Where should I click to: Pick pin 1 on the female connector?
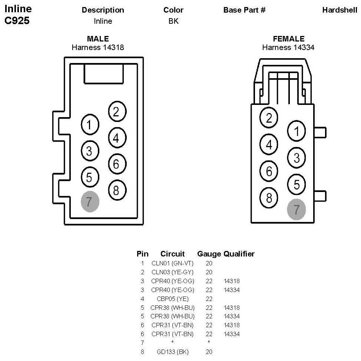click(297, 131)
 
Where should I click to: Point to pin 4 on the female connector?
click(269, 145)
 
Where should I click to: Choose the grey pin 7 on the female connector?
click(297, 210)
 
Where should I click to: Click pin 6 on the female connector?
click(269, 171)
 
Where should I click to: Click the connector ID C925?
click(17, 21)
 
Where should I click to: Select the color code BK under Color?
click(173, 21)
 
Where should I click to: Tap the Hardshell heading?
click(340, 10)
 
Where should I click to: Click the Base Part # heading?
click(244, 10)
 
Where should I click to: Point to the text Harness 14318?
click(97, 47)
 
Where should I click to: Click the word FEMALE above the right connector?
click(288, 39)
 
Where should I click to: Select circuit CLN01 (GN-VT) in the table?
click(172, 263)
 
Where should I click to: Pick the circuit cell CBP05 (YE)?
click(172, 299)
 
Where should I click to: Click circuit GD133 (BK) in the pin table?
click(172, 352)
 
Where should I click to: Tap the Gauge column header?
click(209, 254)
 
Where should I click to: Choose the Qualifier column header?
click(239, 254)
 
